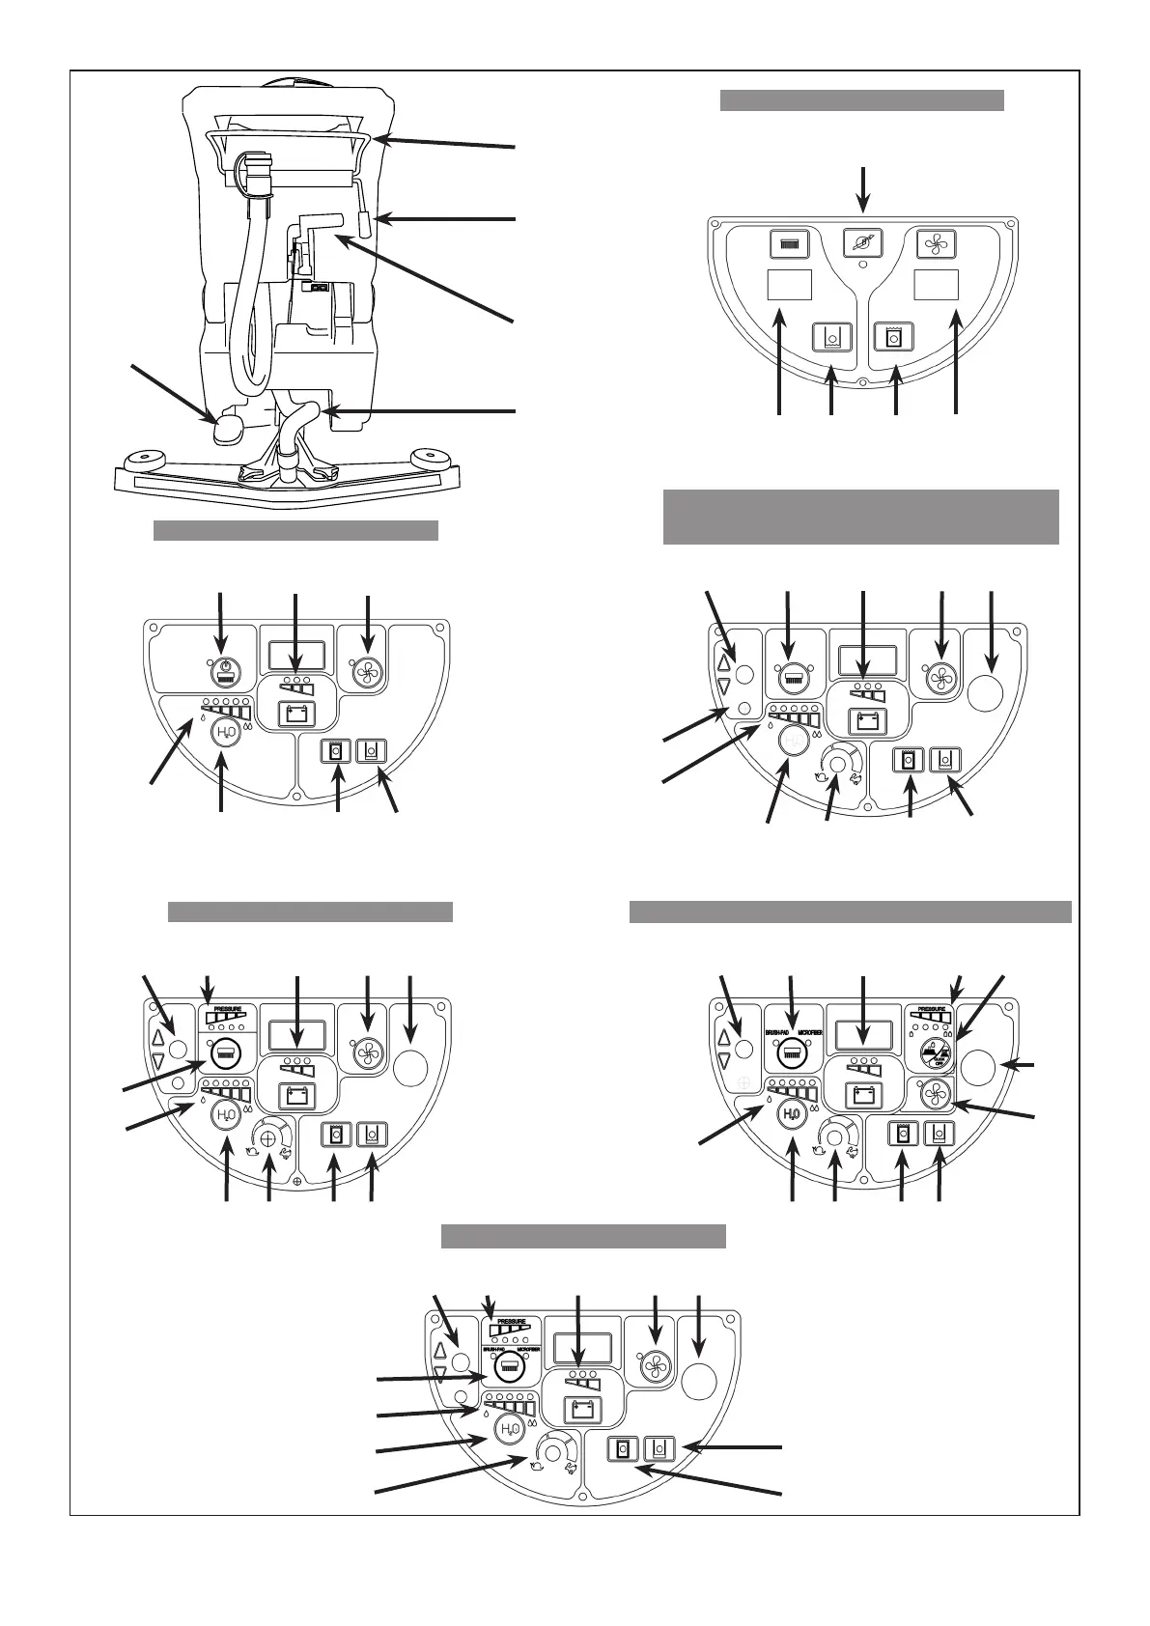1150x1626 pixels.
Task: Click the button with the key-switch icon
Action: pos(864,243)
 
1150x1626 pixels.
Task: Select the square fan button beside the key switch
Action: pos(936,243)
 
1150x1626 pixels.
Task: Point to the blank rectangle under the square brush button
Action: pos(789,286)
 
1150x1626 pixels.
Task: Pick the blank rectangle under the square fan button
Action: pos(936,286)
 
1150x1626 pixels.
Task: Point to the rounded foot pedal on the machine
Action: pos(229,428)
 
